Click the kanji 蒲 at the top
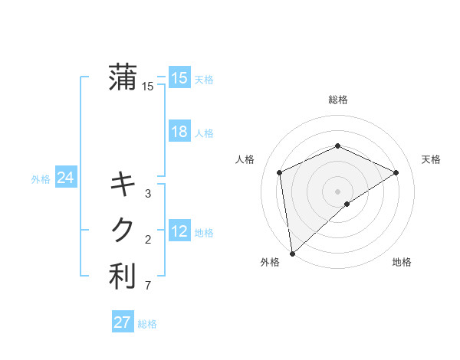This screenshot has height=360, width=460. click(x=123, y=77)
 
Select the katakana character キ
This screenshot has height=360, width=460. click(x=123, y=185)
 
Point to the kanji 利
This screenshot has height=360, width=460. click(x=123, y=277)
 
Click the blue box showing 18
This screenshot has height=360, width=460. click(x=179, y=132)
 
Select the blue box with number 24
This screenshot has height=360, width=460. click(x=65, y=178)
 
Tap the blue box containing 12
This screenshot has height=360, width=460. click(x=179, y=231)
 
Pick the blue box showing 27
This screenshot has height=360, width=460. click(x=123, y=322)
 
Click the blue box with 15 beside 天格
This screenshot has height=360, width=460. click(x=179, y=78)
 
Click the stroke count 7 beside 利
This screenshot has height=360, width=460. click(x=148, y=286)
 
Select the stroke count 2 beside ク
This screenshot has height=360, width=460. click(x=148, y=240)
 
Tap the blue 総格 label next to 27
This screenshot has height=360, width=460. click(x=147, y=324)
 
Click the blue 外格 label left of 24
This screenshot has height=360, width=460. click(x=41, y=179)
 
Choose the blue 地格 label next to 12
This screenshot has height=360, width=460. click(x=204, y=233)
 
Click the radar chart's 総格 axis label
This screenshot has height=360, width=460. click(x=338, y=100)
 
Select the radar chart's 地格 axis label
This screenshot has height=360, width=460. click(x=402, y=262)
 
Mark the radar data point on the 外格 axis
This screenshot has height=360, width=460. click(x=291, y=254)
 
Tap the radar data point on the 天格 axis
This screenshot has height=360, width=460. click(x=396, y=172)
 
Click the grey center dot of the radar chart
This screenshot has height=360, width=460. click(x=338, y=191)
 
